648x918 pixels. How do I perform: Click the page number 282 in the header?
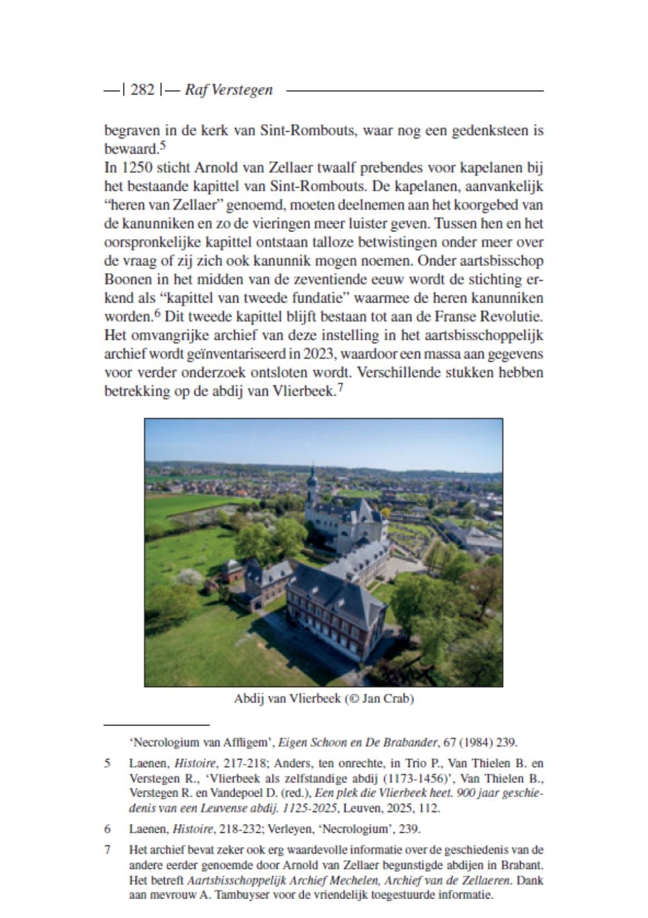[x=142, y=90]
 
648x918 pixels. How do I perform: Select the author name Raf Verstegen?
[x=229, y=90]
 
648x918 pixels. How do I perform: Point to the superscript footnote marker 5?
[x=162, y=146]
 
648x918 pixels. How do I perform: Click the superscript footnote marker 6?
[x=159, y=314]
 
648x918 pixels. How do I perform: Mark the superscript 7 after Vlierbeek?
[x=340, y=388]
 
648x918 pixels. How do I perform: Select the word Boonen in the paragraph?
[x=124, y=279]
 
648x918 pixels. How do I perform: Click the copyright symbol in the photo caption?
[x=353, y=699]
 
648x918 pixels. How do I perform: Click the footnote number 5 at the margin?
[x=107, y=763]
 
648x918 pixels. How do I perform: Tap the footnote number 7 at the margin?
[x=107, y=850]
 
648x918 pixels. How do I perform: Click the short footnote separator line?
[x=157, y=725]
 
